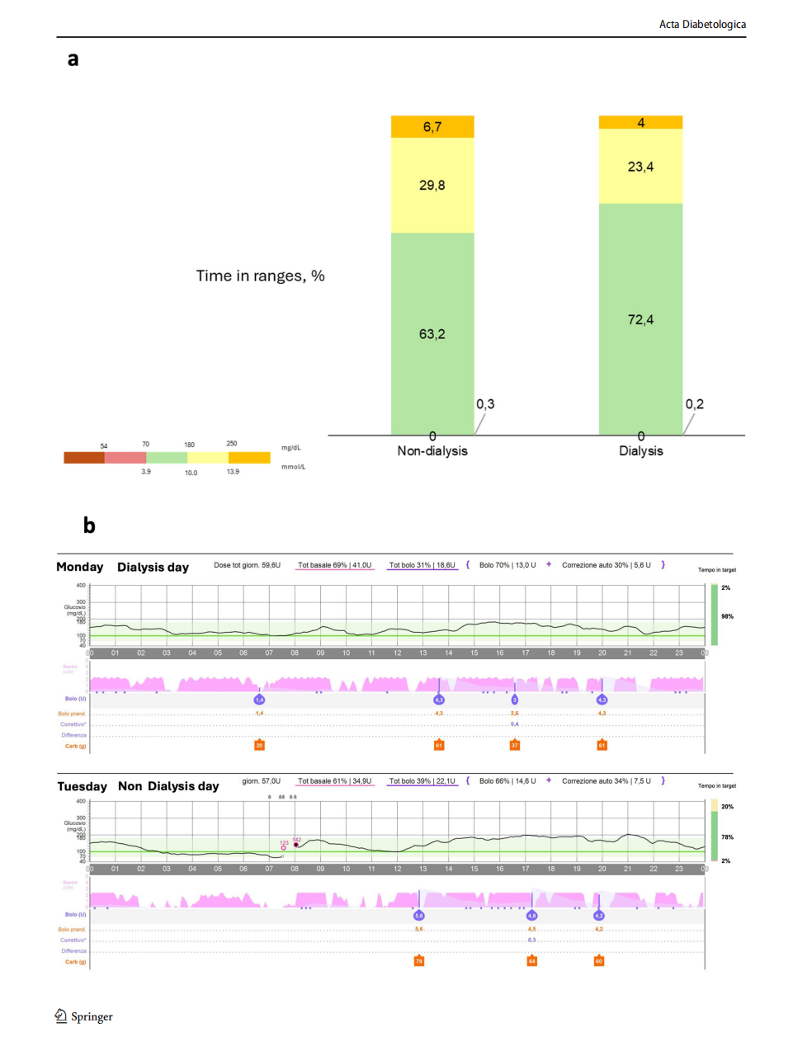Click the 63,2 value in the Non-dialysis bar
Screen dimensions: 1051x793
click(x=432, y=334)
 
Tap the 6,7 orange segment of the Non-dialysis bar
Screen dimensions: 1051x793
click(x=432, y=127)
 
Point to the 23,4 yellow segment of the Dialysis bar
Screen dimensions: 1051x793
click(x=640, y=167)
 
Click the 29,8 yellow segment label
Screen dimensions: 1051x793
click(x=432, y=186)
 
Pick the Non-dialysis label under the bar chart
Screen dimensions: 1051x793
click(x=432, y=451)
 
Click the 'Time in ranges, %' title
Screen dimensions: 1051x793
click(x=260, y=276)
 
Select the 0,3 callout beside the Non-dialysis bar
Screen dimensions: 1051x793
click(x=485, y=404)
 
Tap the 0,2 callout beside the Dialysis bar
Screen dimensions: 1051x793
click(x=695, y=404)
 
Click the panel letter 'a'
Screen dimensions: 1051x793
click(x=73, y=59)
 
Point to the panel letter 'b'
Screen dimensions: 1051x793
click(x=89, y=526)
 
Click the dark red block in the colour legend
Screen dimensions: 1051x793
click(x=84, y=458)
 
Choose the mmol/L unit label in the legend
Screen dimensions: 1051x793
click(x=293, y=467)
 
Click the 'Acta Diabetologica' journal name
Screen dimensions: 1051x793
click(x=702, y=25)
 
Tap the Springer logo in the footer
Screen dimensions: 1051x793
click(x=84, y=1016)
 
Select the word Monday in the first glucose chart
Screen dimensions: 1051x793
click(x=80, y=567)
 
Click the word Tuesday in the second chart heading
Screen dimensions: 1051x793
click(x=83, y=786)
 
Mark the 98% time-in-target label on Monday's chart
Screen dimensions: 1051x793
click(x=727, y=616)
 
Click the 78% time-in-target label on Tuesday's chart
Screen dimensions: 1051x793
click(x=727, y=837)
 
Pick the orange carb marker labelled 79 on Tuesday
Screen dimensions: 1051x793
click(x=419, y=961)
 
